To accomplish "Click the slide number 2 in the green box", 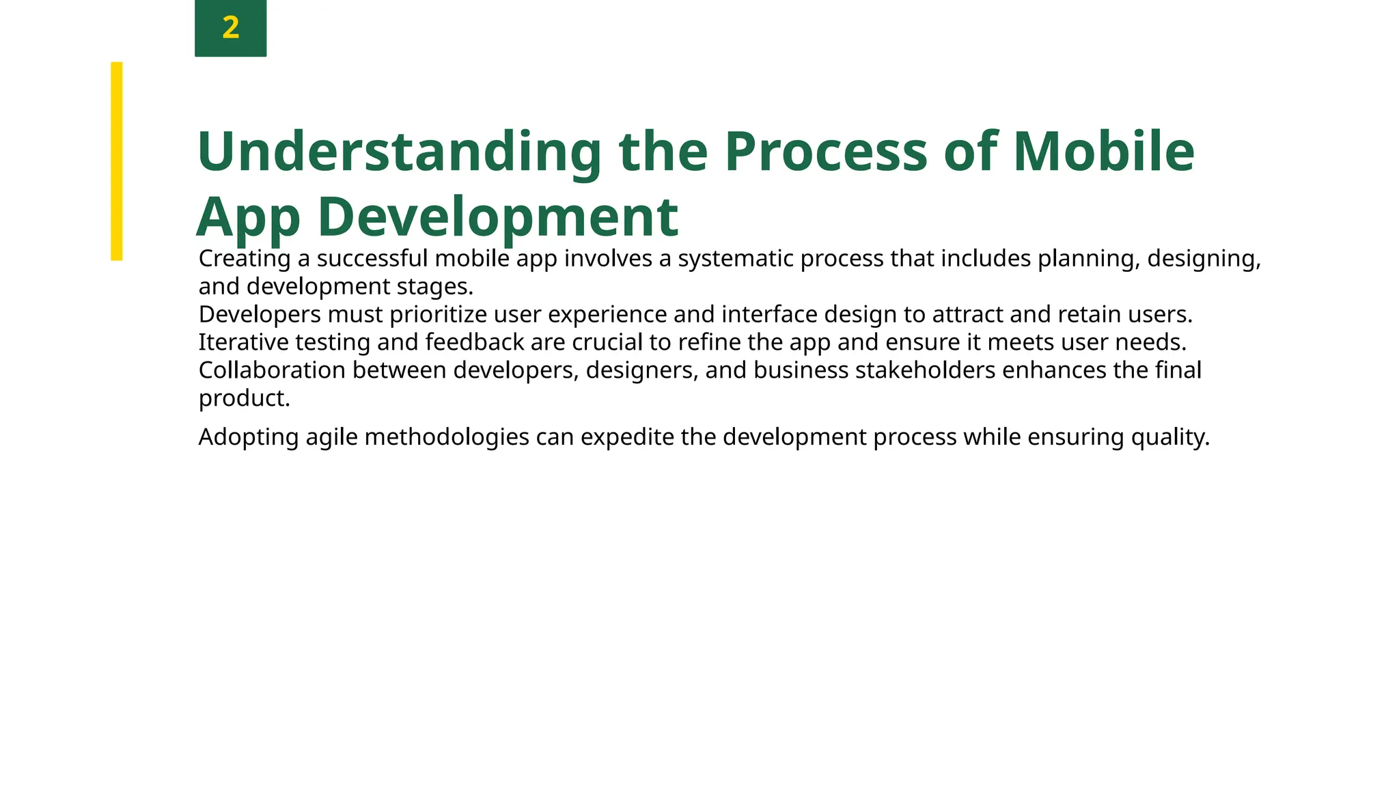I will (x=230, y=28).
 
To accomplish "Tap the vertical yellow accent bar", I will (x=117, y=161).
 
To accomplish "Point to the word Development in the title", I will (x=498, y=217).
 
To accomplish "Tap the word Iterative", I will (x=243, y=342).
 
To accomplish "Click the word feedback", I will (x=475, y=342).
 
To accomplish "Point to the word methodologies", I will (x=447, y=437).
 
